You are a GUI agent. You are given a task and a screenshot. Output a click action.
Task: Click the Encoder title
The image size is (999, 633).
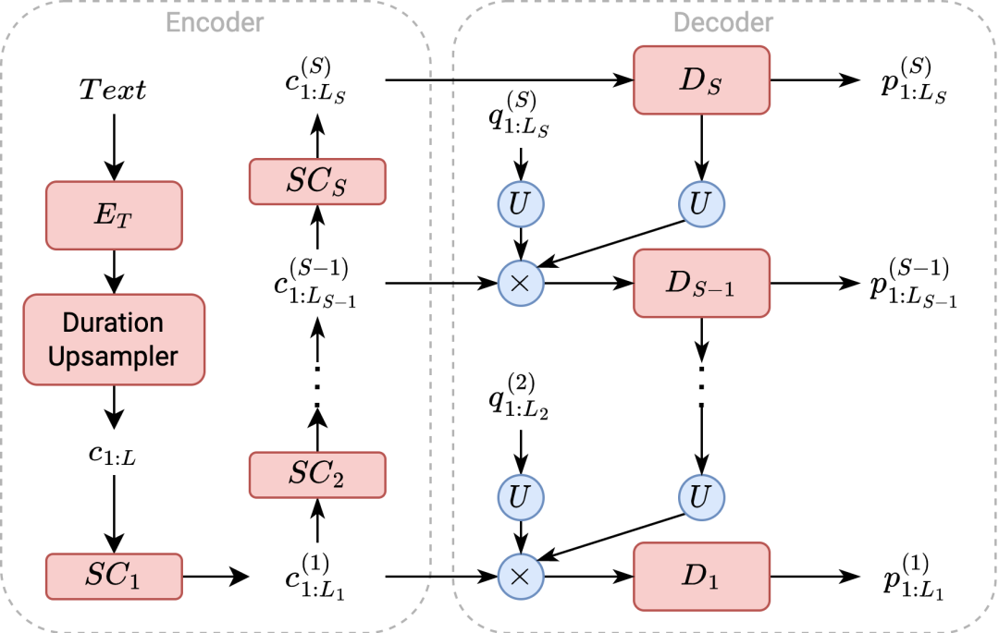(x=215, y=22)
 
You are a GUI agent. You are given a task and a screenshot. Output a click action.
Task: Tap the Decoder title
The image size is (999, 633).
(x=723, y=22)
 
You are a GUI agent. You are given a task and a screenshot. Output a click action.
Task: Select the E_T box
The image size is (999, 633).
(x=114, y=215)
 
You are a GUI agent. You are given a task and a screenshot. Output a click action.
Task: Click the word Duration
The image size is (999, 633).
(x=113, y=323)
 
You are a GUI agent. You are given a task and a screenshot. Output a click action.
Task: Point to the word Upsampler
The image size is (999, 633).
(x=113, y=357)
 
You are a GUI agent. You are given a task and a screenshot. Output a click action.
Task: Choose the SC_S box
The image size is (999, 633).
(x=316, y=182)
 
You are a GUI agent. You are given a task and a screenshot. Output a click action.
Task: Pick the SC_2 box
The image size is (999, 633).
(x=316, y=475)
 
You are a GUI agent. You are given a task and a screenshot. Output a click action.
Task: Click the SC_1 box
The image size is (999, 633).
(x=114, y=576)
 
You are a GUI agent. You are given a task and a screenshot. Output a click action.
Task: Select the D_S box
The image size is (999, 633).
(x=701, y=80)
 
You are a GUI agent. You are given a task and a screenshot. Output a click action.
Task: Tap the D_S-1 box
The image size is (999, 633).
(x=701, y=284)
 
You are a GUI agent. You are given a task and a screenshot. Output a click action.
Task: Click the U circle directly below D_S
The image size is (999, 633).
(x=701, y=204)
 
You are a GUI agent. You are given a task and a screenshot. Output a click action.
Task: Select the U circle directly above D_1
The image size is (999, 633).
(x=701, y=498)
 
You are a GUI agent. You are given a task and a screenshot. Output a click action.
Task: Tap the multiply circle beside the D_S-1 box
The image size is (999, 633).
(x=520, y=284)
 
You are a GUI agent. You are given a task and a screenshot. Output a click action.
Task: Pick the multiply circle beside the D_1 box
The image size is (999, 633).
(x=520, y=578)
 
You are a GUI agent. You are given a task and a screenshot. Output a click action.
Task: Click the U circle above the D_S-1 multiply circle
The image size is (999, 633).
(x=520, y=204)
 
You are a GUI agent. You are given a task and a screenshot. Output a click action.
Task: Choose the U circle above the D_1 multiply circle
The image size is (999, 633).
(x=520, y=498)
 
